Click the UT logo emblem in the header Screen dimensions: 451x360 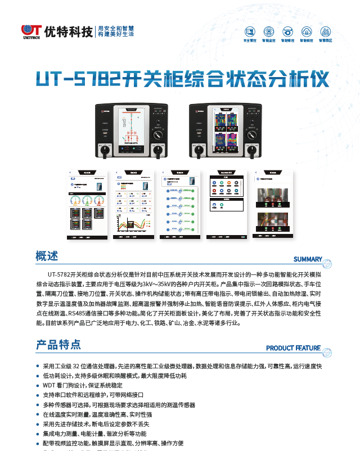[30, 31]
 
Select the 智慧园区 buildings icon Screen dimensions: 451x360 [326, 31]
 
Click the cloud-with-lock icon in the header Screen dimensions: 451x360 [269, 31]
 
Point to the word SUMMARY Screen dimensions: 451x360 [308, 259]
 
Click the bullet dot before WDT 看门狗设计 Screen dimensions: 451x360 [37, 385]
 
